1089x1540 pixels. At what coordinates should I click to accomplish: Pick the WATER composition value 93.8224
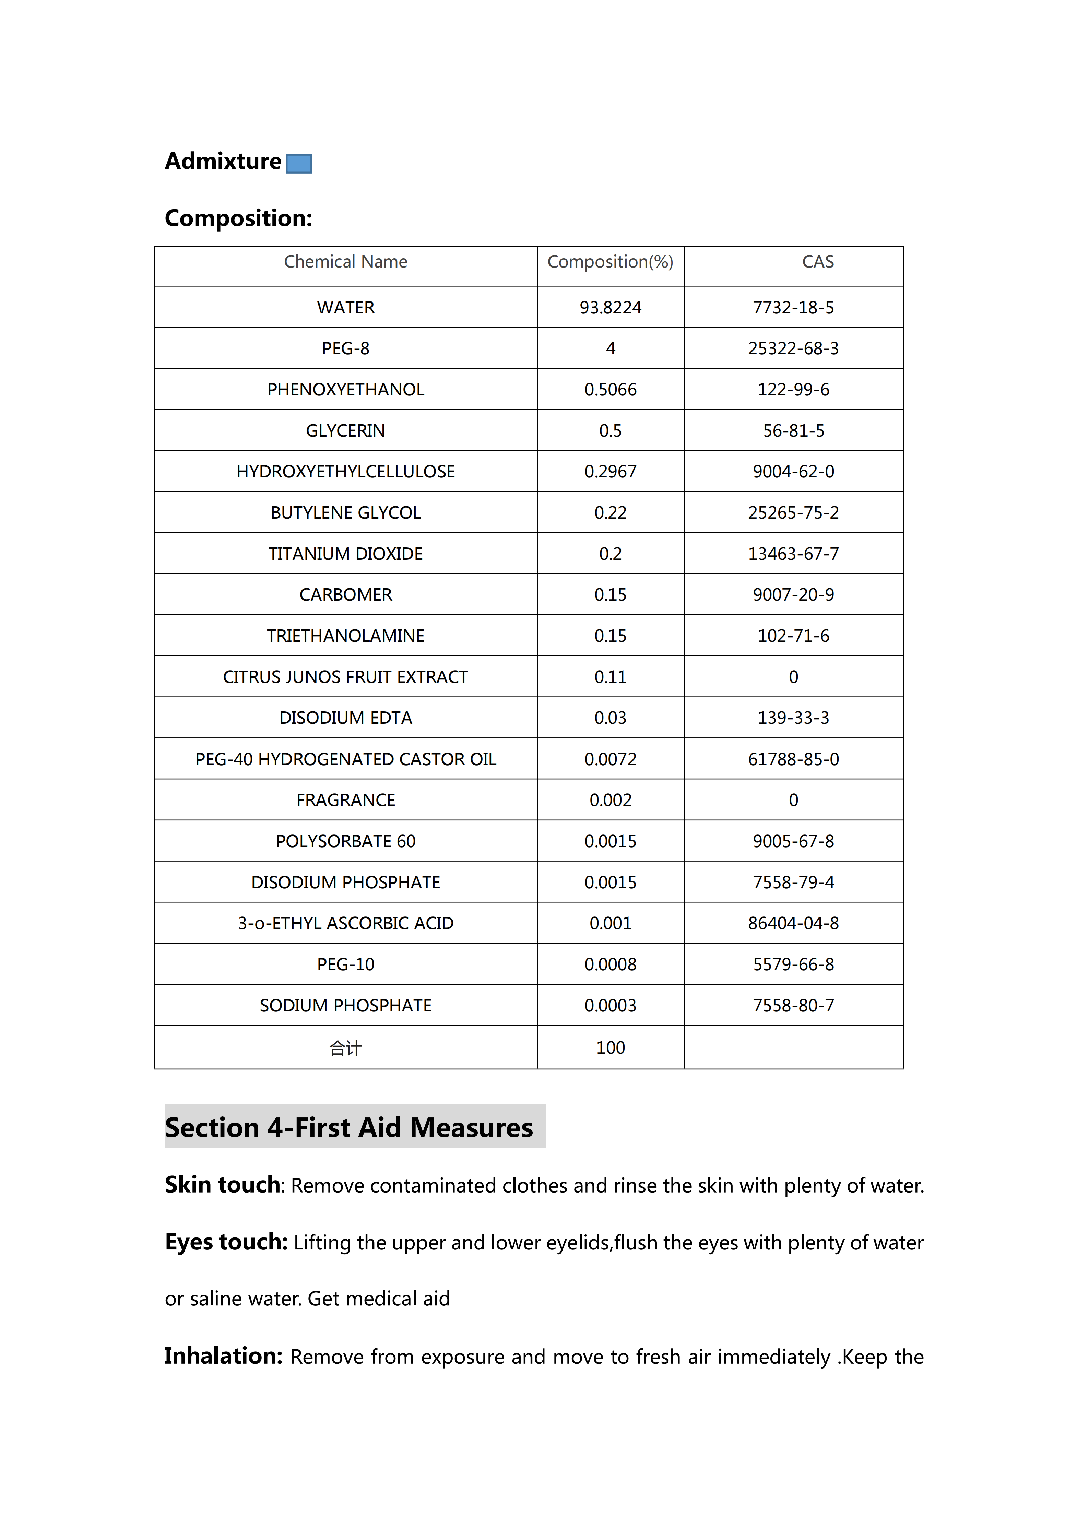pos(610,307)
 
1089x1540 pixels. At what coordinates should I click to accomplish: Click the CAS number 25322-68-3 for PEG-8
pos(793,348)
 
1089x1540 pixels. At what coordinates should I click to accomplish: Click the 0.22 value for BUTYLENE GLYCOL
pos(610,512)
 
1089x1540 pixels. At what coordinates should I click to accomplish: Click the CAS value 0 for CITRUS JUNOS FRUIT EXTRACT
pos(793,677)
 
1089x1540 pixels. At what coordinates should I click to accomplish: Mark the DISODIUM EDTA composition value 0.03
pos(610,718)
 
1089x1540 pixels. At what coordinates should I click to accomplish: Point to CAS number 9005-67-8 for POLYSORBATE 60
pos(793,841)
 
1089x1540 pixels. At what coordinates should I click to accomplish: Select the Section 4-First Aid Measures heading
pos(349,1127)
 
